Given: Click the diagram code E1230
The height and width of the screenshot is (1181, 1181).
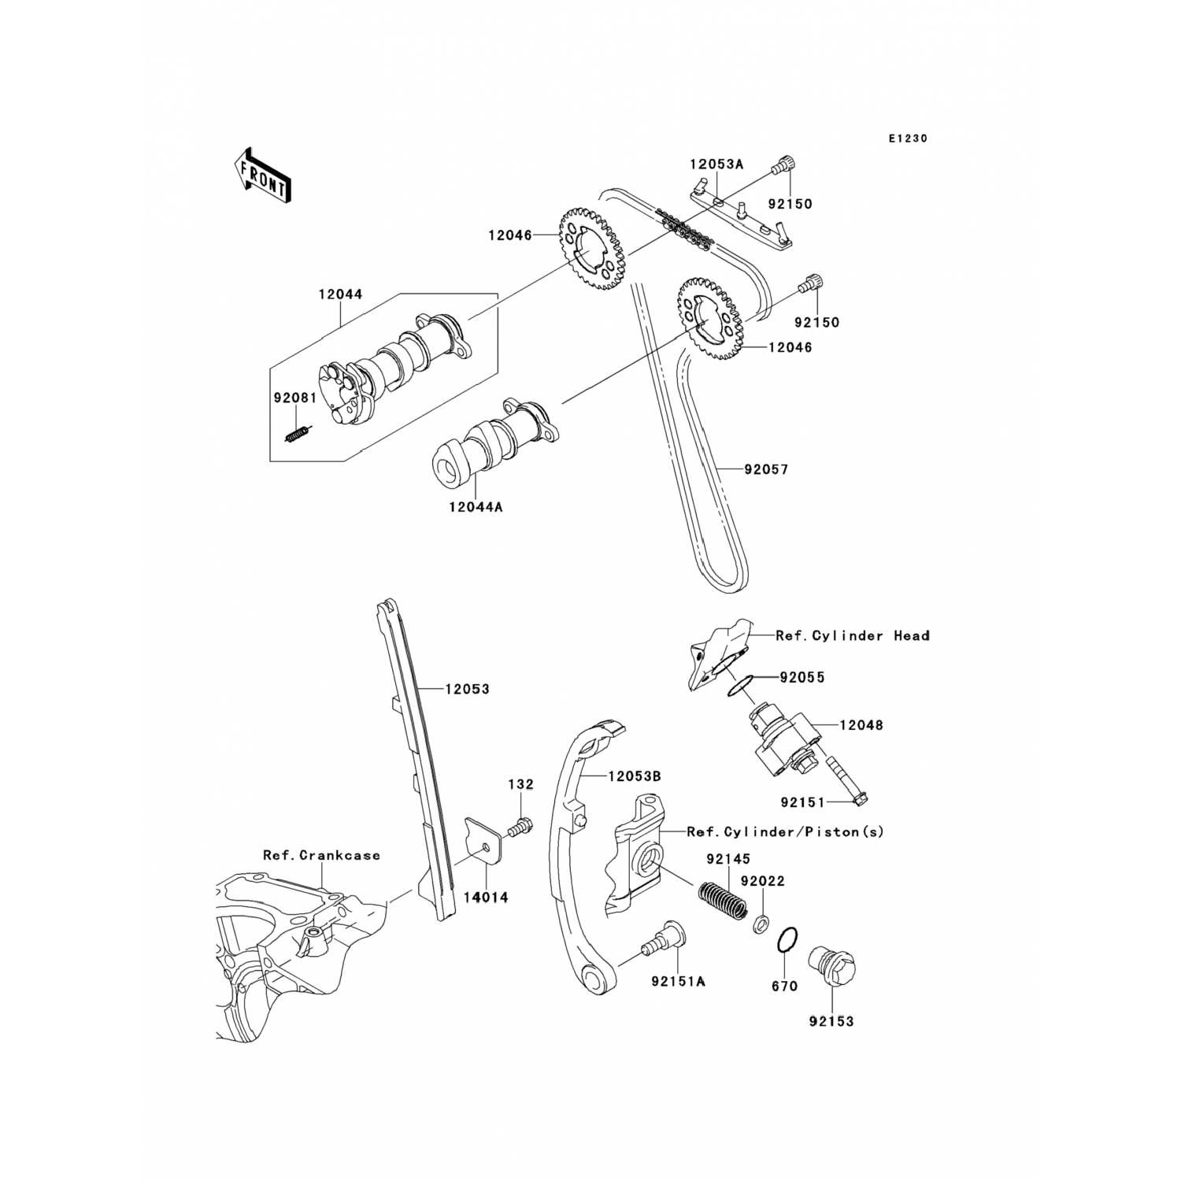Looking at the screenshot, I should click(908, 139).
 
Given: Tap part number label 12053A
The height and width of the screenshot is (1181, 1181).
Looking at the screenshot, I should click(716, 165).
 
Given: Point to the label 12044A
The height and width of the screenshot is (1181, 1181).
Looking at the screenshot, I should click(476, 507).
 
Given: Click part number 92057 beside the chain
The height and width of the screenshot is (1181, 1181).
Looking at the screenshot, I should click(766, 470).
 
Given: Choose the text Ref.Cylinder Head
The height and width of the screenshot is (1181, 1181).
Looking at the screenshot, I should click(852, 635).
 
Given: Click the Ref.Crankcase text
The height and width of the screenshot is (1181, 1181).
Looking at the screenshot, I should click(321, 855).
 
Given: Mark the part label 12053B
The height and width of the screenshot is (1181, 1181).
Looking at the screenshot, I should click(634, 776).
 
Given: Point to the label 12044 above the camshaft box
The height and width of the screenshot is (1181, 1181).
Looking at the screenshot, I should click(340, 294).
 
